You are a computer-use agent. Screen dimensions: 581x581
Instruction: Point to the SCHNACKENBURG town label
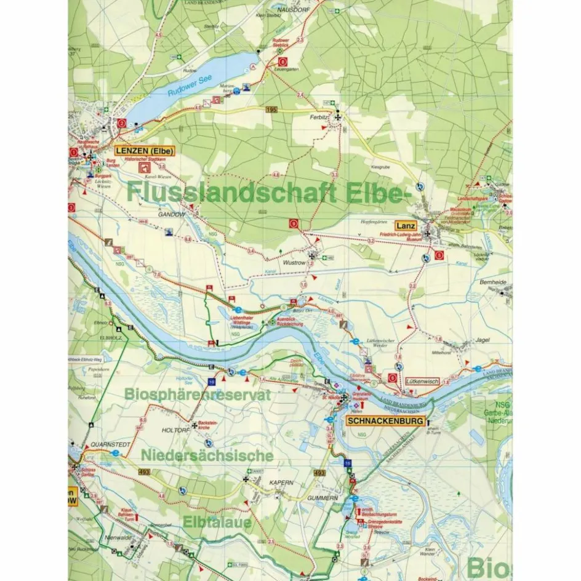tap(386, 422)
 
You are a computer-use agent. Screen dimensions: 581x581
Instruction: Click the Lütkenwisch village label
tap(422, 382)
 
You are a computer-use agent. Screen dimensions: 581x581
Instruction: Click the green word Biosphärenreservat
tap(198, 395)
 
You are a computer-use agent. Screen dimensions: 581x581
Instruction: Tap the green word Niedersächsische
tap(207, 455)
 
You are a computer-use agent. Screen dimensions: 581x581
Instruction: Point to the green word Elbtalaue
tap(217, 522)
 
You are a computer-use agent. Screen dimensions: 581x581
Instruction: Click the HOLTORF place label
tap(174, 430)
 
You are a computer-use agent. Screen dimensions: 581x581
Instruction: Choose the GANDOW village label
tap(171, 214)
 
